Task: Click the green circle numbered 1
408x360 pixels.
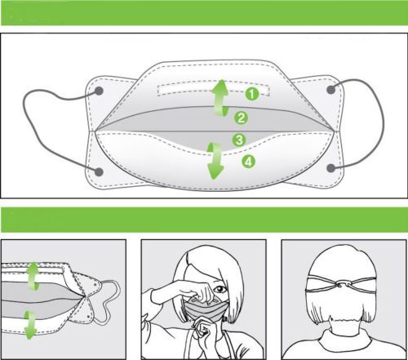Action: coord(252,94)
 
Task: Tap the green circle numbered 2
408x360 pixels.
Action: coord(241,118)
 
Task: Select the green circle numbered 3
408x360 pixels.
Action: coord(239,140)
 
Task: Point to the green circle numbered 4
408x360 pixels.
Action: coord(249,162)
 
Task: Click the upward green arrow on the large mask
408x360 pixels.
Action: coord(221,98)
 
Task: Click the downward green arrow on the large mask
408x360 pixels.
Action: coord(215,161)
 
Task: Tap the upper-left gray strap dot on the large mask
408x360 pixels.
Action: coord(99,91)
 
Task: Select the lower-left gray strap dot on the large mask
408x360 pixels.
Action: coord(99,171)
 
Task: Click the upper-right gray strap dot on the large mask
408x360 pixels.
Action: coord(330,90)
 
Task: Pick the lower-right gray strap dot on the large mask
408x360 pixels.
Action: coord(330,168)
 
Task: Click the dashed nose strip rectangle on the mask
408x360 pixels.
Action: coord(214,89)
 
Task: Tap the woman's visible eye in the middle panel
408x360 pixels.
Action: coord(220,288)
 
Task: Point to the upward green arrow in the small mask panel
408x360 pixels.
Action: coord(33,276)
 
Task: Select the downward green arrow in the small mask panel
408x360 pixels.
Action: coord(30,325)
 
